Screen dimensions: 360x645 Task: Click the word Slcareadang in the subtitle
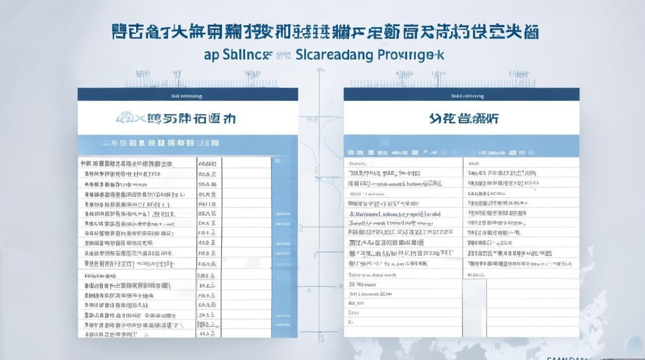[334, 54]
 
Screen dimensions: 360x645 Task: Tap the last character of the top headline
[530, 32]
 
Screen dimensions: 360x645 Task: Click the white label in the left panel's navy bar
[187, 96]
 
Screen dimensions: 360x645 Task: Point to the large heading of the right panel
[464, 118]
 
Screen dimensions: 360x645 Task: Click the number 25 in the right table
[353, 284]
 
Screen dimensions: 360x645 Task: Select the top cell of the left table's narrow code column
[207, 163]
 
